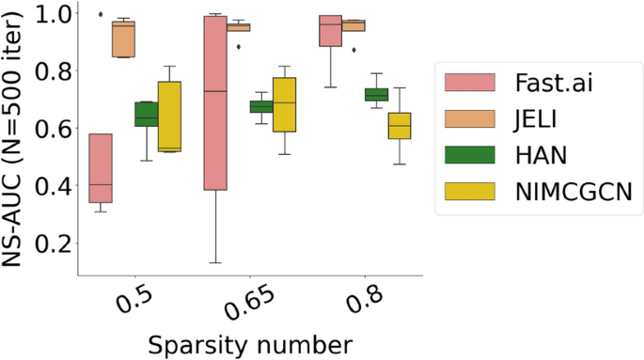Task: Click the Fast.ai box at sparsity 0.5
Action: click(101, 168)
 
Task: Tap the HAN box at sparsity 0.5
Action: click(146, 114)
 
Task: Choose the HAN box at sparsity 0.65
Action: click(261, 106)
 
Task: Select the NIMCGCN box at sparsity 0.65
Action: click(284, 104)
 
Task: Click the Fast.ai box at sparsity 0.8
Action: click(330, 30)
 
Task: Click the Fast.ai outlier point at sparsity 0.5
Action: click(101, 14)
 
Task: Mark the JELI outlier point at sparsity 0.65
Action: click(238, 46)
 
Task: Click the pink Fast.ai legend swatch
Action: click(468, 83)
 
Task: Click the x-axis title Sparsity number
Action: click(250, 342)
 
